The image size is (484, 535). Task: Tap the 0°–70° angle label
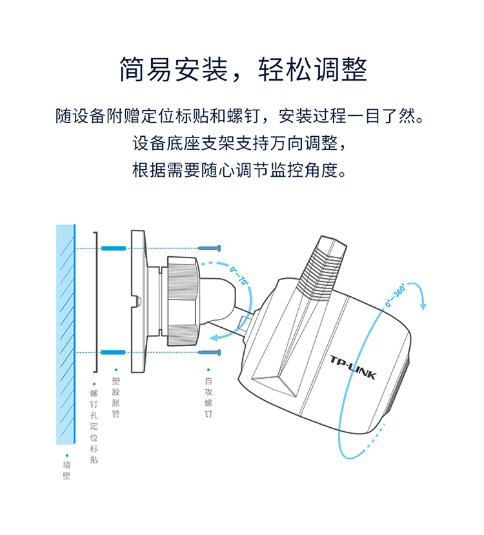click(239, 276)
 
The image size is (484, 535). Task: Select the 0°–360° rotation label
click(396, 295)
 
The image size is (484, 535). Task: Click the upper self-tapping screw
click(209, 248)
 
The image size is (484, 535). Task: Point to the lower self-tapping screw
click(209, 352)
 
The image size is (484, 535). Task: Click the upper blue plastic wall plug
click(114, 248)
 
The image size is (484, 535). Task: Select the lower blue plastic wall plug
click(114, 352)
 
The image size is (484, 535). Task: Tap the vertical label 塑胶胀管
click(116, 397)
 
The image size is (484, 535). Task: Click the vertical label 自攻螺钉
click(208, 397)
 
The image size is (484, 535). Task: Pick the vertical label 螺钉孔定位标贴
click(94, 426)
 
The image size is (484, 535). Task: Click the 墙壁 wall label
click(67, 470)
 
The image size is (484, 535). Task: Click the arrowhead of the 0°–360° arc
click(423, 306)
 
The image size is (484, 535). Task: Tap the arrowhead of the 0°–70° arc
click(214, 338)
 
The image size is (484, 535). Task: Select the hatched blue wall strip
click(65, 334)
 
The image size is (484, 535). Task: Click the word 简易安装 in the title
click(173, 70)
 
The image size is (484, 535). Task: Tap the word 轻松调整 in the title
click(312, 70)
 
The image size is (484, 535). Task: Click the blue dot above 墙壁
click(67, 456)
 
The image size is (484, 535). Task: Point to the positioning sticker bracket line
click(96, 302)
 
